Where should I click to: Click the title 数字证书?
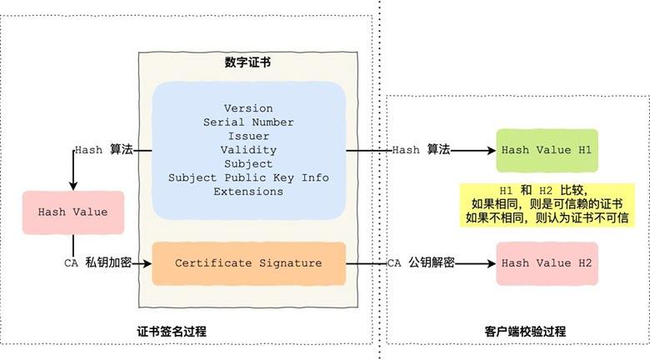pyautogui.click(x=247, y=62)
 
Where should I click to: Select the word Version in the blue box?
pyautogui.click(x=248, y=108)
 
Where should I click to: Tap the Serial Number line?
pyautogui.click(x=248, y=122)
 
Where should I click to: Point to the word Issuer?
pyautogui.click(x=248, y=136)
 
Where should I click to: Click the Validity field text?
pyautogui.click(x=248, y=150)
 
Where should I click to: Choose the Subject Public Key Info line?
pyautogui.click(x=248, y=177)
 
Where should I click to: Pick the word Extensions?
pyautogui.click(x=248, y=192)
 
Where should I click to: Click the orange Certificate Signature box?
pyautogui.click(x=248, y=264)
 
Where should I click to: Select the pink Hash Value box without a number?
pyautogui.click(x=73, y=212)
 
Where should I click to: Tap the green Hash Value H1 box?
pyautogui.click(x=547, y=150)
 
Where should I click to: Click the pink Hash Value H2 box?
pyautogui.click(x=547, y=264)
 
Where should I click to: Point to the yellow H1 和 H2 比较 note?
pyautogui.click(x=547, y=204)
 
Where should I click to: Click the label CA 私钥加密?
pyautogui.click(x=97, y=263)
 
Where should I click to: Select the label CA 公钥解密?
pyautogui.click(x=421, y=263)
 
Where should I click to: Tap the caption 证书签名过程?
pyautogui.click(x=172, y=332)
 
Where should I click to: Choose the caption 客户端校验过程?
pyautogui.click(x=525, y=332)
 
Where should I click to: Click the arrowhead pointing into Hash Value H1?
pyautogui.click(x=492, y=150)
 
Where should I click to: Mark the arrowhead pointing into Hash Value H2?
pyautogui.click(x=492, y=263)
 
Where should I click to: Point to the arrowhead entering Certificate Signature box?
pyautogui.click(x=147, y=263)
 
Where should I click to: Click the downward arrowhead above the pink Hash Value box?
pyautogui.click(x=73, y=186)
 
